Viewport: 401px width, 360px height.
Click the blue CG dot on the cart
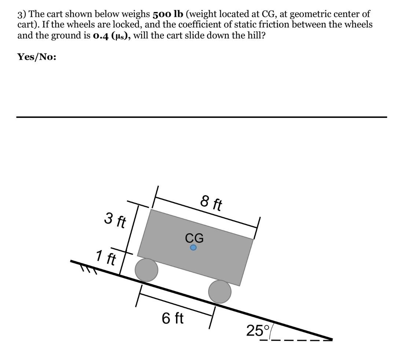click(x=193, y=248)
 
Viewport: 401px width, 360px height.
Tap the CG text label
click(x=194, y=238)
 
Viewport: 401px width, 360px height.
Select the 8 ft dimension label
click(x=211, y=203)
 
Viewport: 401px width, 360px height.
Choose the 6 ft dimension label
click(x=173, y=318)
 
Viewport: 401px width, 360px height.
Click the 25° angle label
click(x=258, y=330)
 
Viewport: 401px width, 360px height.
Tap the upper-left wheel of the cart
click(x=147, y=270)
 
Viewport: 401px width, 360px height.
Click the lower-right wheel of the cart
click(x=220, y=292)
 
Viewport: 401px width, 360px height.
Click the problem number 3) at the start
click(x=22, y=14)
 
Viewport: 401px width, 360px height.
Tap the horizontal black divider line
click(x=202, y=117)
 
